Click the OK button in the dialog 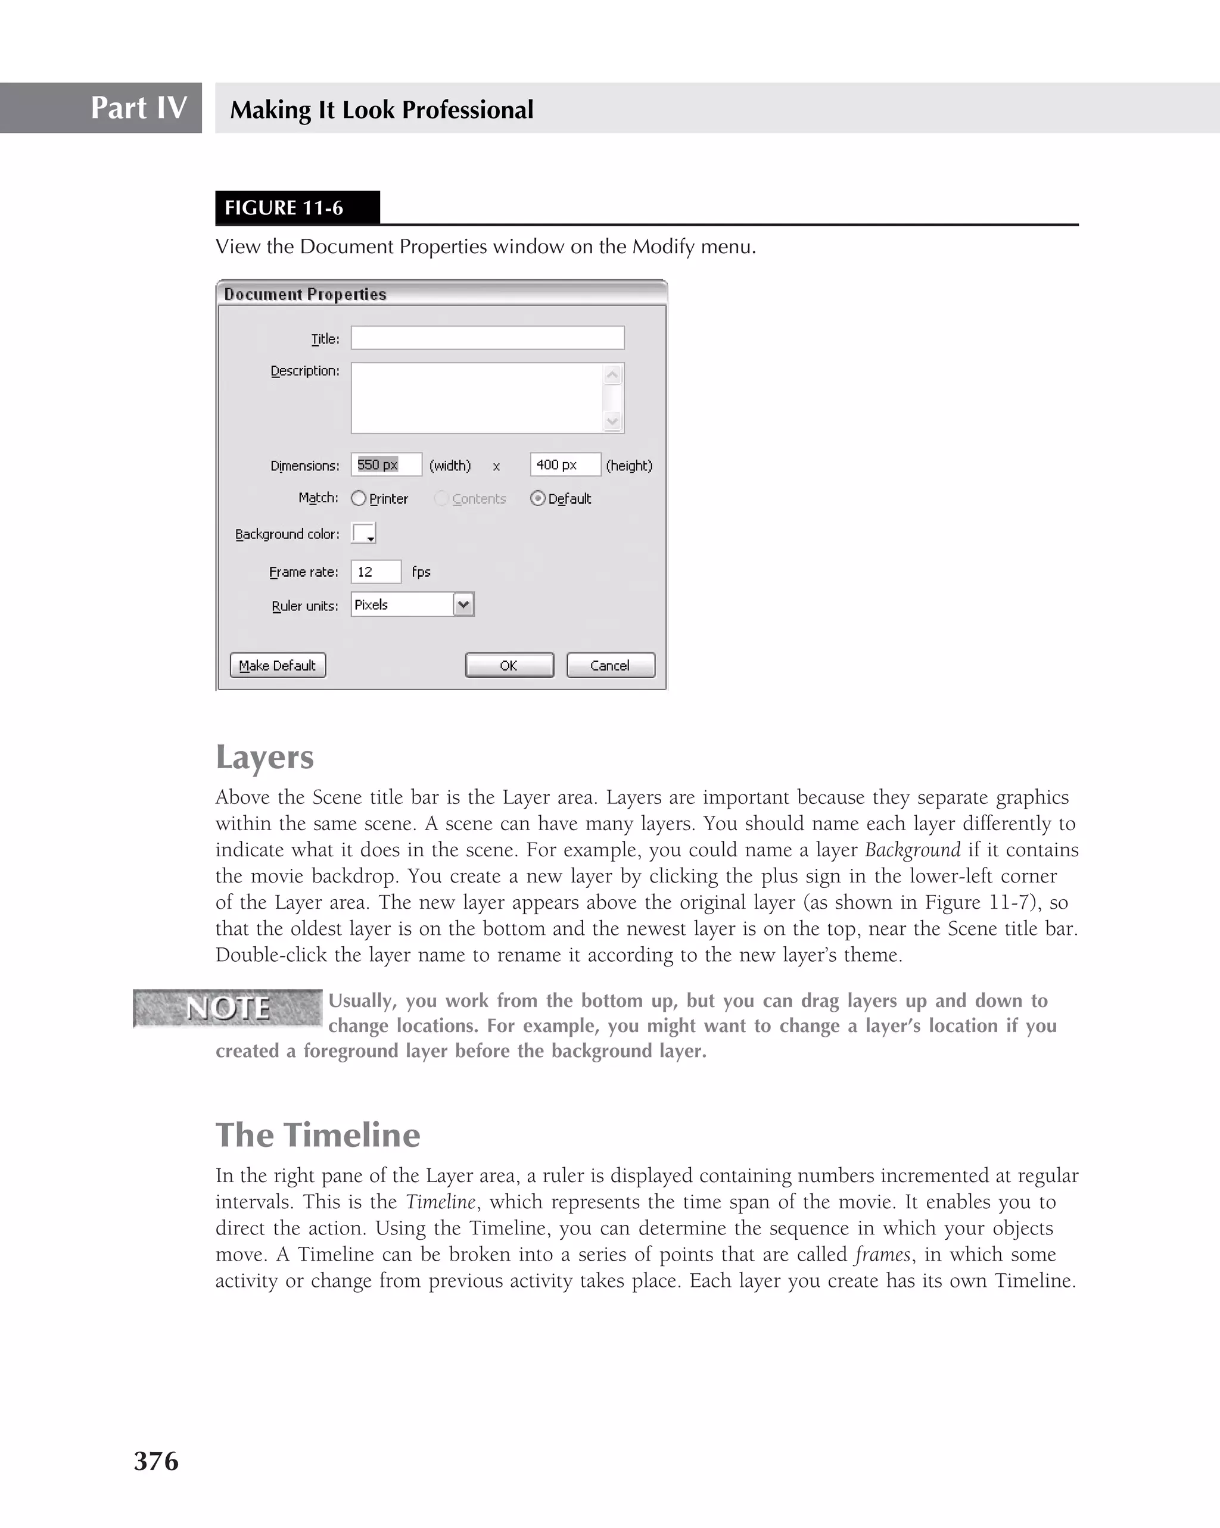[509, 666]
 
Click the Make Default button [278, 666]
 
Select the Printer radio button [359, 498]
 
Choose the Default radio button [538, 498]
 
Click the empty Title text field [487, 338]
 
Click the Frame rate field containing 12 [376, 572]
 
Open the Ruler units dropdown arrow [463, 604]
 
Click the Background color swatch [363, 533]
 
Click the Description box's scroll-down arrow [612, 422]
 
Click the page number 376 [156, 1461]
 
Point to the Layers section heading [264, 757]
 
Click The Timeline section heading [318, 1134]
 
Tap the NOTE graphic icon [228, 1008]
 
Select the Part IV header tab [101, 108]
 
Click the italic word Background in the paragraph [913, 850]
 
